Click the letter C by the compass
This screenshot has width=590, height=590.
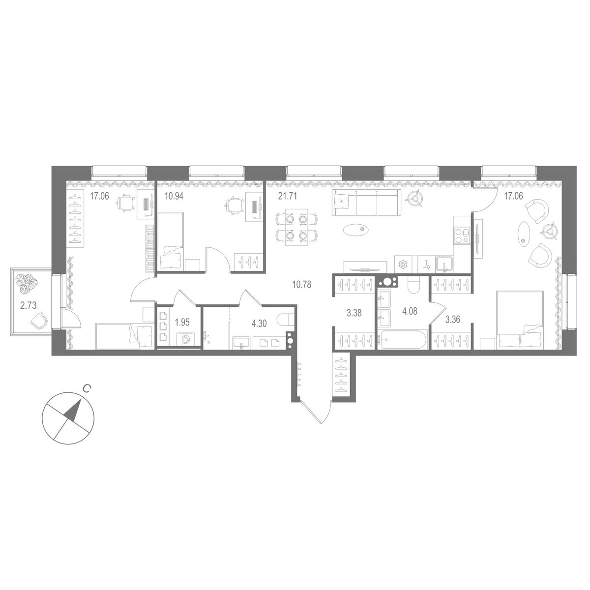click(86, 389)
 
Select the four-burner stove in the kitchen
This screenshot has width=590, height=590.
click(463, 235)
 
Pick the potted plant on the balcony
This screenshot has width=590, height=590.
click(25, 283)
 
